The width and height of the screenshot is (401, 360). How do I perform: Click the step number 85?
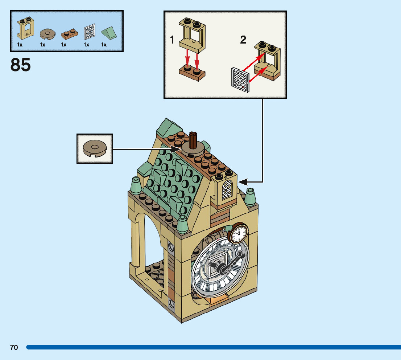pyautogui.click(x=21, y=65)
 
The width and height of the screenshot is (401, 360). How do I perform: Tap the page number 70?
pyautogui.click(x=14, y=347)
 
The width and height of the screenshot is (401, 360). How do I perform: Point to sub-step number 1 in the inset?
pyautogui.click(x=173, y=40)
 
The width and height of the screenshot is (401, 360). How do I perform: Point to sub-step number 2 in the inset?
pyautogui.click(x=243, y=40)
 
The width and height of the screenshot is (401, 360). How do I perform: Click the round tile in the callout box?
pyautogui.click(x=95, y=148)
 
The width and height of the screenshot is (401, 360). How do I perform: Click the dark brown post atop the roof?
pyautogui.click(x=193, y=138)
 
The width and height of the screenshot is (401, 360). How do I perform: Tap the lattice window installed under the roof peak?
pyautogui.click(x=227, y=190)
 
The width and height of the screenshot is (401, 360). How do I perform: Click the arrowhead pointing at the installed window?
pyautogui.click(x=242, y=182)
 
